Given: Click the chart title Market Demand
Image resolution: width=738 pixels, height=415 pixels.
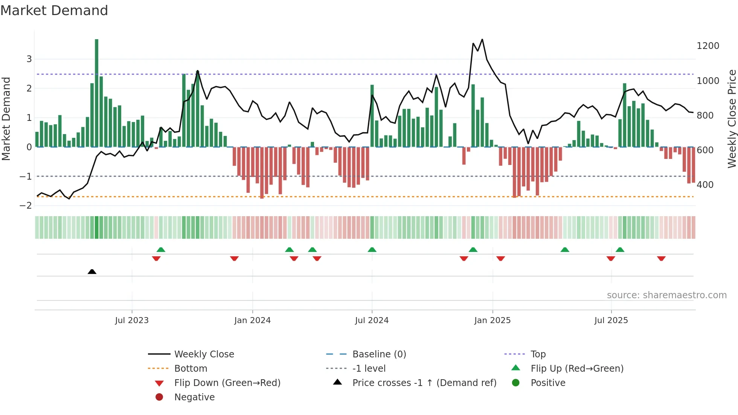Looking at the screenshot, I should coord(54,11).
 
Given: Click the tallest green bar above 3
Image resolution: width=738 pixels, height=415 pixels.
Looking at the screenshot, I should coord(97,90).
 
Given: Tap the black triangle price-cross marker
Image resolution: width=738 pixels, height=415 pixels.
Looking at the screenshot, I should coord(92,272).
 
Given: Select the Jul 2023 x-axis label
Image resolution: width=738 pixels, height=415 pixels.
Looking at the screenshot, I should coord(132,320).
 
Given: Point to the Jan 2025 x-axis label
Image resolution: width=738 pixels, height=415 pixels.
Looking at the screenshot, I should coord(492,320).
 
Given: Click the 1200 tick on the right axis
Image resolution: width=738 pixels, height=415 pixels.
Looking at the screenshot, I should coord(708,46).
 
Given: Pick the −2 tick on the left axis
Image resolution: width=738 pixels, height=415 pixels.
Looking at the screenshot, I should coord(26,206).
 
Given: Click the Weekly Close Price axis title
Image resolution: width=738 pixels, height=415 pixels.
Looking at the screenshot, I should coord(732,119).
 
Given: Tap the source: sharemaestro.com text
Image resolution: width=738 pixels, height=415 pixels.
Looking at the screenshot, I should coord(666,295).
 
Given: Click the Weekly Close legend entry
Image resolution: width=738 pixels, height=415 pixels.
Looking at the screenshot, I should coord(204,354).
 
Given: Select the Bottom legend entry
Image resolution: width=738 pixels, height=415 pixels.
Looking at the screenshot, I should coord(191,369).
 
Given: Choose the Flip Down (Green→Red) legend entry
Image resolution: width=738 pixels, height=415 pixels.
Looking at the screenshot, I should coord(227,383).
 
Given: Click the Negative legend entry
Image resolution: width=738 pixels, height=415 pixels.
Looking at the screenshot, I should coord(194,397).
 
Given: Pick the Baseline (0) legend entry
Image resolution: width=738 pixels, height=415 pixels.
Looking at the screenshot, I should coord(379,354).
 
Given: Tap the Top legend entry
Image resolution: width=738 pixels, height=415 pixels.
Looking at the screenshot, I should coord(538,354).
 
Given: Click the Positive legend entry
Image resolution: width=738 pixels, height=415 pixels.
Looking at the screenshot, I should coord(548,383).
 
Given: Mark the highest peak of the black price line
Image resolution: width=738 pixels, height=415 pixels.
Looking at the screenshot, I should coord(482,39).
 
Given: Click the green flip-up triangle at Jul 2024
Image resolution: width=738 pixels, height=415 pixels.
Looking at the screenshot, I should coord(372,250).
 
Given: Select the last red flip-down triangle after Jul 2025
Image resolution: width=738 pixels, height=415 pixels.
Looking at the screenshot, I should coord(661,258).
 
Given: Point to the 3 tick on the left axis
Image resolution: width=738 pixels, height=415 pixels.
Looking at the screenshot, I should coord(29,59).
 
